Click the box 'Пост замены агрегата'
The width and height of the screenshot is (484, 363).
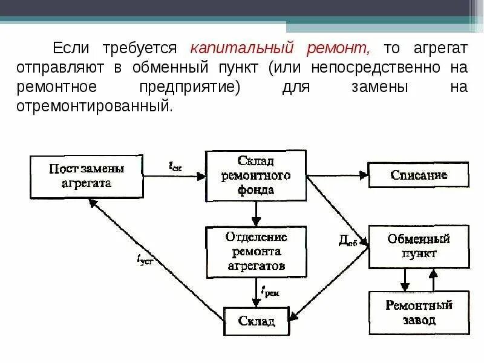pyautogui.click(x=87, y=175)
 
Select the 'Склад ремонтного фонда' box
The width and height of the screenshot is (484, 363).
pyautogui.click(x=257, y=175)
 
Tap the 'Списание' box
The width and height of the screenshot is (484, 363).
pyautogui.click(x=419, y=175)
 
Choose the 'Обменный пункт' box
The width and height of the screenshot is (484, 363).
pyautogui.click(x=419, y=246)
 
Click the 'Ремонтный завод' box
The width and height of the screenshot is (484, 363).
pyautogui.click(x=419, y=313)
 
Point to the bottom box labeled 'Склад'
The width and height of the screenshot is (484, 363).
pyautogui.click(x=257, y=321)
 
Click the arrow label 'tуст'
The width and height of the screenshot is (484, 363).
pyautogui.click(x=145, y=260)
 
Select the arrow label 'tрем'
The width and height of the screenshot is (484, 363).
pyautogui.click(x=270, y=292)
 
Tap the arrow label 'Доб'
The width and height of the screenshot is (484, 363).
pyautogui.click(x=347, y=241)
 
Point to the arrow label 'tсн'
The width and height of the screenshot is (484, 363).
pyautogui.click(x=175, y=165)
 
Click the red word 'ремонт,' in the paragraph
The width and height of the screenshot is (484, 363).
pyautogui.click(x=337, y=48)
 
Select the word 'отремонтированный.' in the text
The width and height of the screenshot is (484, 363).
pyautogui.click(x=113, y=106)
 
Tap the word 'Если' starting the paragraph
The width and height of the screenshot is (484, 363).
pyautogui.click(x=70, y=48)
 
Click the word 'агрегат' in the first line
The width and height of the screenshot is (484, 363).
pyautogui.click(x=441, y=48)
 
